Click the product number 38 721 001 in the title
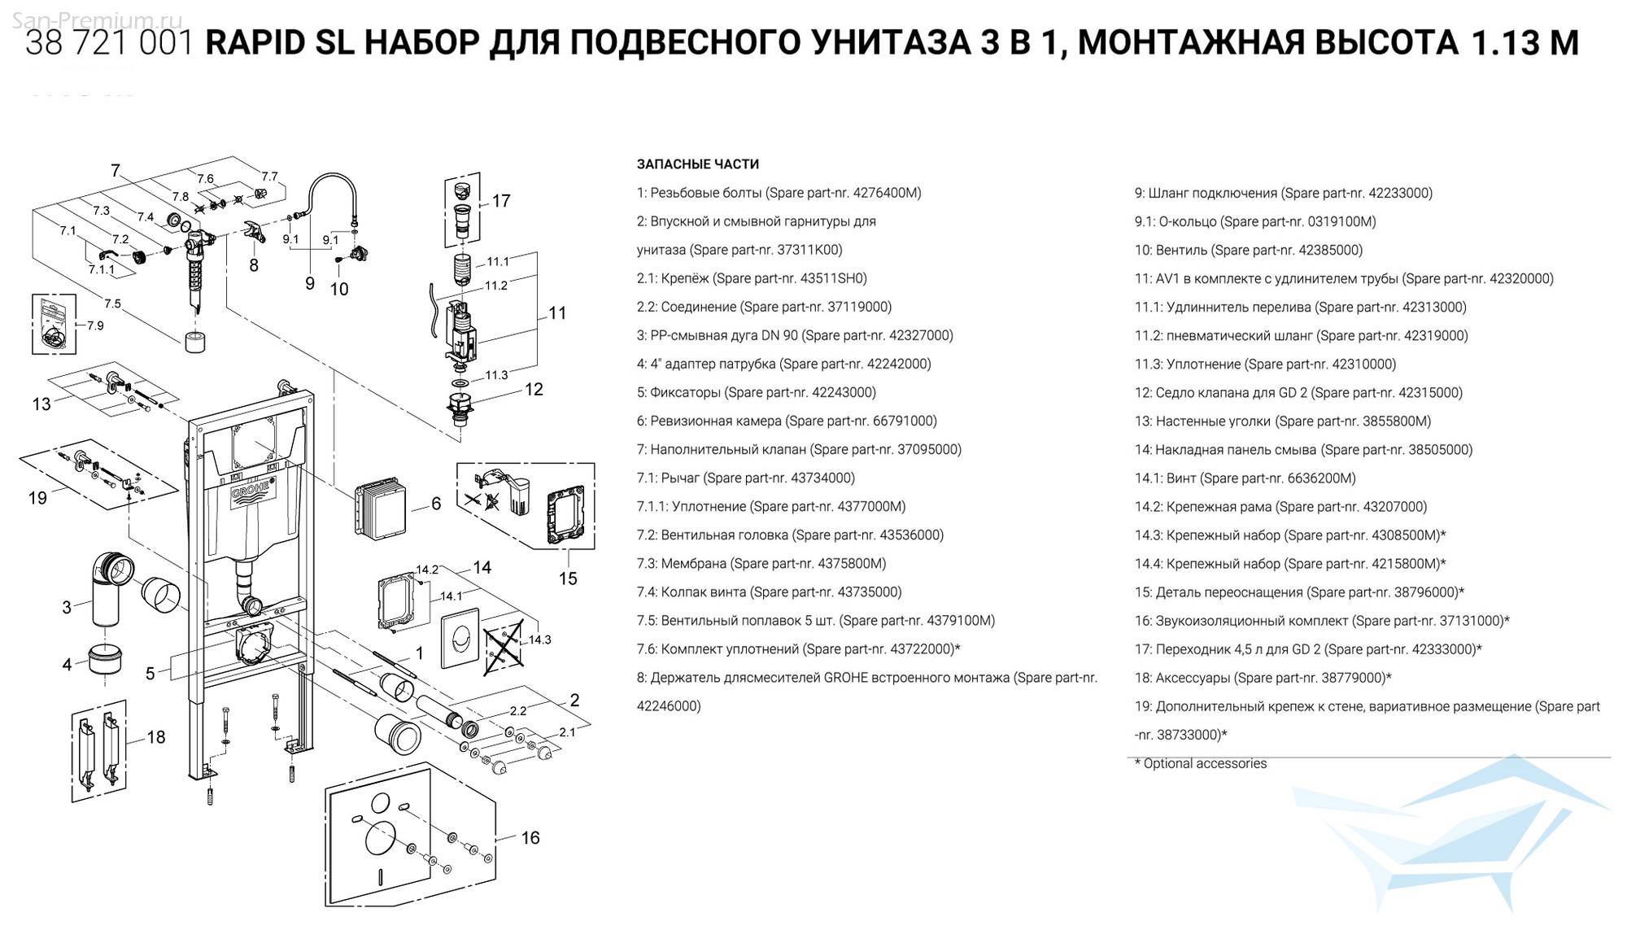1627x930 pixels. pyautogui.click(x=109, y=43)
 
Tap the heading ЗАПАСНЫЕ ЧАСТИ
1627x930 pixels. pyautogui.click(x=697, y=164)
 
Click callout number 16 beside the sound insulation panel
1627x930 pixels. pyautogui.click(x=530, y=838)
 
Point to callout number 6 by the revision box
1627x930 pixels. pyautogui.click(x=436, y=504)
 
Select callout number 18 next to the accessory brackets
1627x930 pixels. pyautogui.click(x=155, y=737)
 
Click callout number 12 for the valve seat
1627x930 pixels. pyautogui.click(x=533, y=390)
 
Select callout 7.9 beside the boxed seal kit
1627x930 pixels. pyautogui.click(x=95, y=325)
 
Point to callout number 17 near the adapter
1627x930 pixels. pyautogui.click(x=501, y=201)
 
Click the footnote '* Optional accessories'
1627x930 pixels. pyautogui.click(x=1201, y=763)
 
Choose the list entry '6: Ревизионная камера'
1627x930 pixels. pyautogui.click(x=710, y=421)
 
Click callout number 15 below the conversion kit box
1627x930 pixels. pyautogui.click(x=568, y=579)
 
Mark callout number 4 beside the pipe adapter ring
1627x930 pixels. pyautogui.click(x=67, y=665)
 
